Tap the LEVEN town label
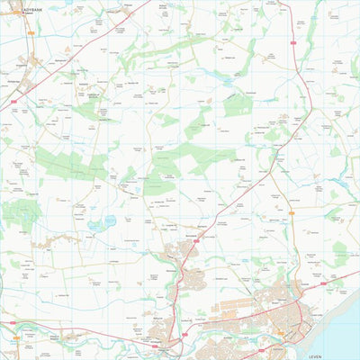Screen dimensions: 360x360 click(x=315, y=356)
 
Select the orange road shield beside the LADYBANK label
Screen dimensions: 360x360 click(x=30, y=33)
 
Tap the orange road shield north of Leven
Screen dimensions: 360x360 click(x=292, y=213)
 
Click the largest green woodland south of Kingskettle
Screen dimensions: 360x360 click(x=67, y=162)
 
